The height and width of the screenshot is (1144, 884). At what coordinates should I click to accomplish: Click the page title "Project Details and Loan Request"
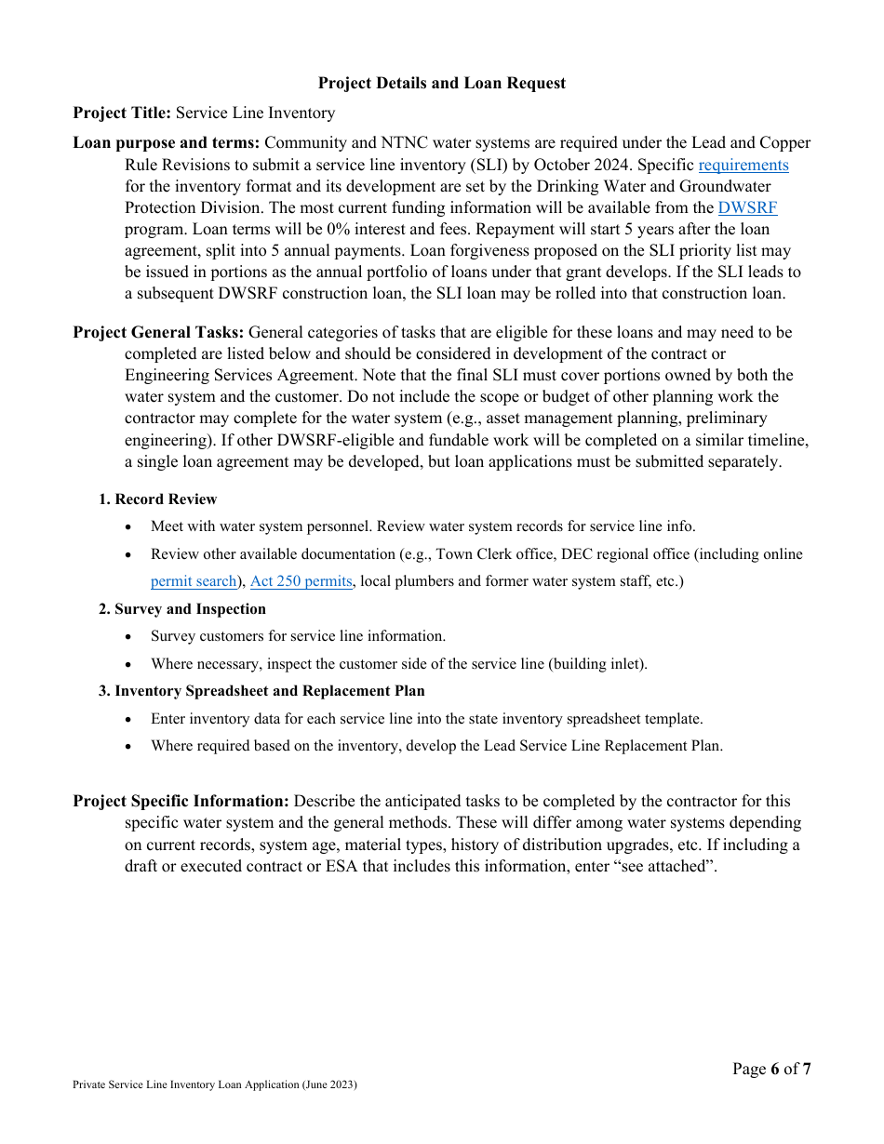click(x=441, y=83)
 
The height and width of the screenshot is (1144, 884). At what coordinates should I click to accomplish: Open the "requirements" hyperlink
click(x=743, y=165)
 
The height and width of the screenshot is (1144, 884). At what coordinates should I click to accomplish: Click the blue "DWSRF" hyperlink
click(x=747, y=207)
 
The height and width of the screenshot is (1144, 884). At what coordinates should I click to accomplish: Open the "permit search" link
click(x=194, y=581)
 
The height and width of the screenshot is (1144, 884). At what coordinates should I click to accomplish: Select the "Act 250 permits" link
click(x=301, y=581)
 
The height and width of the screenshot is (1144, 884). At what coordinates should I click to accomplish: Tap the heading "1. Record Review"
click(x=157, y=499)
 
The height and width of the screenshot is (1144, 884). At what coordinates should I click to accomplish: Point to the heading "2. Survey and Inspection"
click(x=182, y=609)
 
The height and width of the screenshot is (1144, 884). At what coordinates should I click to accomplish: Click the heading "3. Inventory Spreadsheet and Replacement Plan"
click(x=261, y=691)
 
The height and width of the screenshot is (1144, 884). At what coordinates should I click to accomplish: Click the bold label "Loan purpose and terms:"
click(x=167, y=142)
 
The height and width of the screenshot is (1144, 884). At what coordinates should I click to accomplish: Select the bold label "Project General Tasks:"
click(x=159, y=332)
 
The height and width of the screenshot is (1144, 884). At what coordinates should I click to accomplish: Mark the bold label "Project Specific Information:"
click(x=181, y=801)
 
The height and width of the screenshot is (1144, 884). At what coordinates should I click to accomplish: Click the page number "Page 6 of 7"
click(x=770, y=1069)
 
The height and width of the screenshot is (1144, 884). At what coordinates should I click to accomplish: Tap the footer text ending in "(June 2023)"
click(x=215, y=1084)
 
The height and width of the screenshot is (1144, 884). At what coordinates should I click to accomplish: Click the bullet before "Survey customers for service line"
click(x=129, y=637)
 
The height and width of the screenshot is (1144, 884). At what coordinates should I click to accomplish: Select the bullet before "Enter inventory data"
click(x=129, y=720)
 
